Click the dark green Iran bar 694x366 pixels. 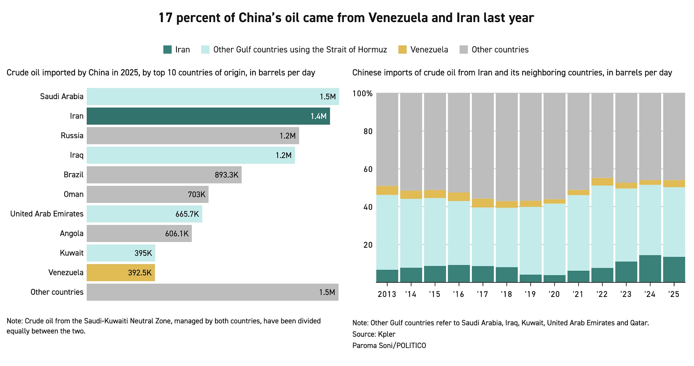[x=208, y=116]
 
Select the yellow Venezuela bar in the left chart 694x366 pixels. [x=121, y=273]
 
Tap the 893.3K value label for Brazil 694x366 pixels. [x=226, y=175]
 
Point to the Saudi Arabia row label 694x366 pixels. [x=61, y=97]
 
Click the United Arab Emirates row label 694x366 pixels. [x=47, y=214]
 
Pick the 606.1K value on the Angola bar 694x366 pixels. [x=177, y=234]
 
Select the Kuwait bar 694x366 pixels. [x=121, y=253]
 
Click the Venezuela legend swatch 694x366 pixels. [x=402, y=50]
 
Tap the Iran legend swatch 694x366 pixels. [x=167, y=50]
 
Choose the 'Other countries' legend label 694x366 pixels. [x=500, y=50]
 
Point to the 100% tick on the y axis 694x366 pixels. [x=362, y=94]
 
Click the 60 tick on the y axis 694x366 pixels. [x=368, y=169]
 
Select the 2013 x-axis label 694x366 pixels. [x=387, y=294]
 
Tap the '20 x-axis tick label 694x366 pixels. [x=554, y=294]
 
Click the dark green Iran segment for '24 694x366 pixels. [x=650, y=269]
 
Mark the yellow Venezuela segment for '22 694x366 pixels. [x=602, y=182]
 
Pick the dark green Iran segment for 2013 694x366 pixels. [x=387, y=276]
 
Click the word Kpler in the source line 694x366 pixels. [x=386, y=334]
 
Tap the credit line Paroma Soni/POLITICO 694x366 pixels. [x=389, y=346]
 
